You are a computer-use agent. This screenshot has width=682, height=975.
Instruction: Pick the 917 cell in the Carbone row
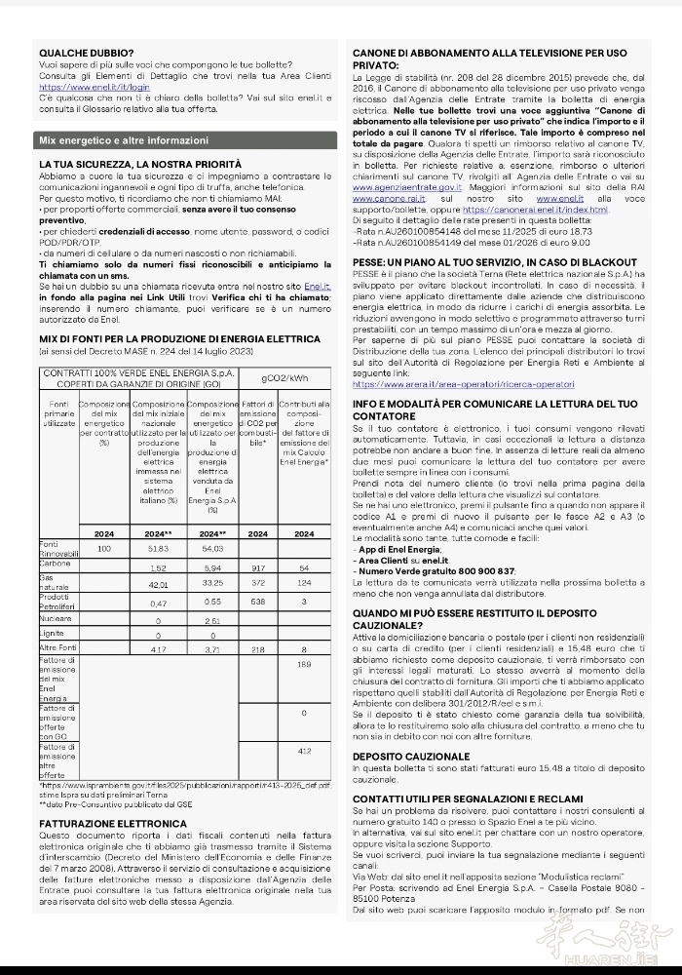258,567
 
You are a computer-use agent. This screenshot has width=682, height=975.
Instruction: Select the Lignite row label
54,634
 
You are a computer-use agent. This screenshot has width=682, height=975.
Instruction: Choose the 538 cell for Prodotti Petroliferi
258,603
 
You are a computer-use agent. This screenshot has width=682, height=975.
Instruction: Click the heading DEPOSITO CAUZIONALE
410,756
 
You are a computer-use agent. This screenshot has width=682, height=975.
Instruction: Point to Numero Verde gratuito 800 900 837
436,570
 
